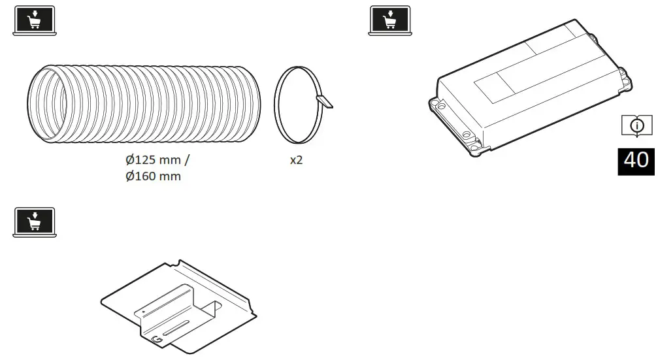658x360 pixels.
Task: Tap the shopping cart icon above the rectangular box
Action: pyautogui.click(x=389, y=20)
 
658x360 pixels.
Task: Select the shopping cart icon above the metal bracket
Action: pyautogui.click(x=34, y=222)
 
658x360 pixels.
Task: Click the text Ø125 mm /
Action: pyautogui.click(x=159, y=159)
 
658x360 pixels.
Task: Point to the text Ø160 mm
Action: pyautogui.click(x=154, y=176)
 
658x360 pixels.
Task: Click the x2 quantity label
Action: pyautogui.click(x=296, y=160)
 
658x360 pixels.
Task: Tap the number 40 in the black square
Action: pyautogui.click(x=636, y=159)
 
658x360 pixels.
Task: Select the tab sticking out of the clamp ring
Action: pyautogui.click(x=324, y=101)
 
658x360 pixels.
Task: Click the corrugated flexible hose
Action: pyautogui.click(x=150, y=104)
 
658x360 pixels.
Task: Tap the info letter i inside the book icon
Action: pyautogui.click(x=636, y=124)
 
